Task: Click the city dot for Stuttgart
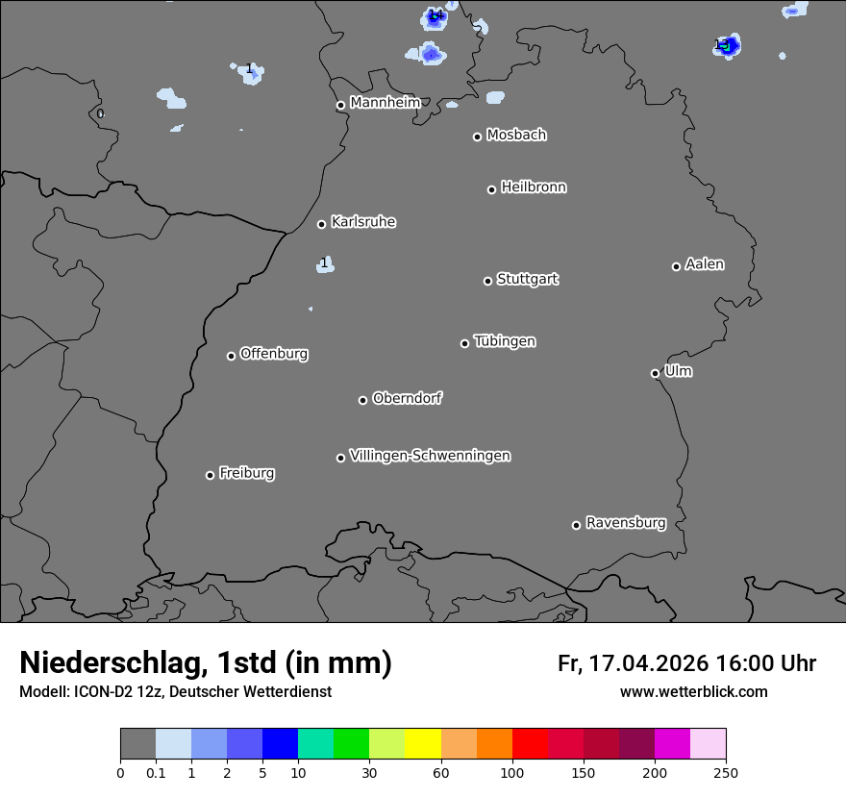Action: (487, 281)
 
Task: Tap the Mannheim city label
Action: (385, 102)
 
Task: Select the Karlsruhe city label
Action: (363, 222)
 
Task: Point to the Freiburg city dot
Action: (210, 475)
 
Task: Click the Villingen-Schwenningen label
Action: (430, 456)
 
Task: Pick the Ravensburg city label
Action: (626, 523)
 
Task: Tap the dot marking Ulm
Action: (655, 373)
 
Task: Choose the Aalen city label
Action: (705, 264)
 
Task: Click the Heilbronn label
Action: (534, 187)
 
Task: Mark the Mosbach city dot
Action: (477, 137)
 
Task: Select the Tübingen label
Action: (505, 341)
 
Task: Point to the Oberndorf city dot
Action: (362, 400)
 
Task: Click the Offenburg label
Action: (274, 354)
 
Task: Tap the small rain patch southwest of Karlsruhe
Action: (326, 264)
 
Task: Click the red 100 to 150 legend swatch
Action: (530, 744)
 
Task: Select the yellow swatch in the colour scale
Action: (423, 744)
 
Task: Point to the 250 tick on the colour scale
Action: (725, 771)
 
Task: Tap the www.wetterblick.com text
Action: (693, 691)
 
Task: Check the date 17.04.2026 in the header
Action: (649, 663)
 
